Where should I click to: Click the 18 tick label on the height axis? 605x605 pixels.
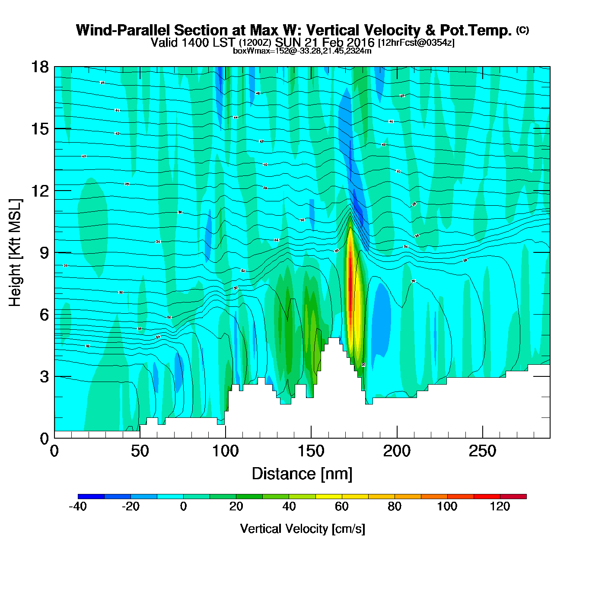[39, 67]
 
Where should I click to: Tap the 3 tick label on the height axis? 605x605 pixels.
[44, 377]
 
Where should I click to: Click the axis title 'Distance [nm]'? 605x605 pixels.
[302, 474]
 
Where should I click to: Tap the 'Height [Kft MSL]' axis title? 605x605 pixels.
[16, 253]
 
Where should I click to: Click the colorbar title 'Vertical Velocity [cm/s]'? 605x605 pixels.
[302, 529]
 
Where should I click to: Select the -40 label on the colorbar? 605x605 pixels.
[78, 507]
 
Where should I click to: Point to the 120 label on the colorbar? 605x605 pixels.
[500, 507]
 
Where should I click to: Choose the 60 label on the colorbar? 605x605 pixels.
[342, 507]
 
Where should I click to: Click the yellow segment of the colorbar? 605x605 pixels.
[328, 497]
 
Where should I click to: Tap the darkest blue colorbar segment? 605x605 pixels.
[91, 497]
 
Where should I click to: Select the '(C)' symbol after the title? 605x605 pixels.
[522, 30]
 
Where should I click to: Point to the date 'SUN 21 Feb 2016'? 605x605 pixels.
[325, 43]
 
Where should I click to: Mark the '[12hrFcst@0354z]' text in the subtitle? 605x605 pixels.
[416, 43]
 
